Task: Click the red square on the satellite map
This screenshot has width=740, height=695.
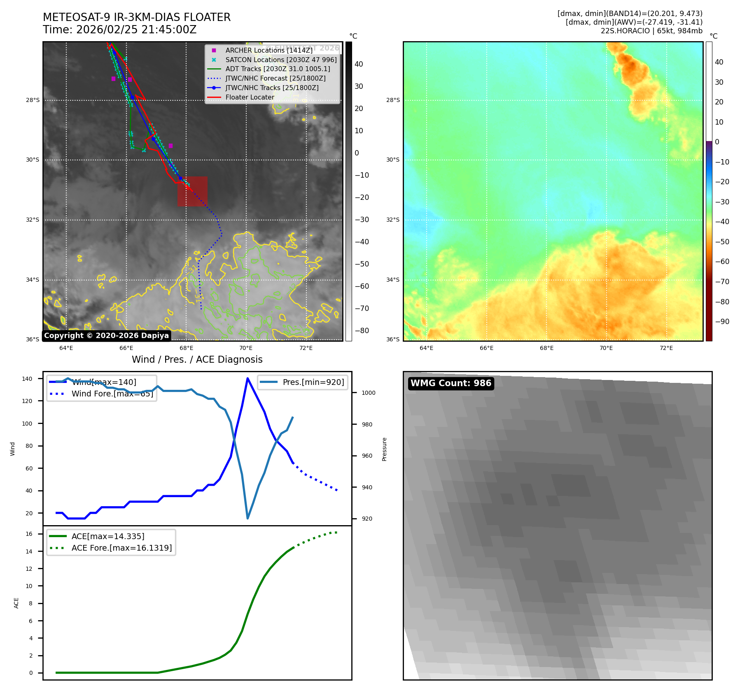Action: [192, 191]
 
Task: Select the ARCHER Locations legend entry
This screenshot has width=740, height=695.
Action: [268, 50]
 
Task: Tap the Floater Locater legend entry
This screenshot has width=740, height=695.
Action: [250, 97]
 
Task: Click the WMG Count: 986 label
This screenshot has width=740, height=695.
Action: [451, 383]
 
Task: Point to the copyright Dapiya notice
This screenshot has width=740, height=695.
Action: [106, 336]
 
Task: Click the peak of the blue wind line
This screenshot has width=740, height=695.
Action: [247, 378]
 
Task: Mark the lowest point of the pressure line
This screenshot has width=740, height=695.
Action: [247, 518]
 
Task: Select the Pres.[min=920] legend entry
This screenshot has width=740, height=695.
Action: [313, 382]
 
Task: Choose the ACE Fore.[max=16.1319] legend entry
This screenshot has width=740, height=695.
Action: [121, 548]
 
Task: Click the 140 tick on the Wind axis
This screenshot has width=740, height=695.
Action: [27, 379]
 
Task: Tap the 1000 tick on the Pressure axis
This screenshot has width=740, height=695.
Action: [368, 393]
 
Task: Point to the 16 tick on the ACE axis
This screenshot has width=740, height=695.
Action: [29, 534]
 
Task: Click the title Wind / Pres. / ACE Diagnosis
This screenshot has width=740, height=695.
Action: [197, 359]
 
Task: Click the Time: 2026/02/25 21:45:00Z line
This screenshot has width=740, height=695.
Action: [120, 30]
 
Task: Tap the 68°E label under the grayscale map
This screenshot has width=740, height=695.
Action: [186, 348]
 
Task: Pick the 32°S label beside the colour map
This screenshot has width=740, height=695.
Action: [392, 220]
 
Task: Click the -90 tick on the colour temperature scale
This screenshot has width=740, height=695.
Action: [722, 322]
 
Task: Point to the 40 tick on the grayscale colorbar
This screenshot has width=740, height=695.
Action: [359, 64]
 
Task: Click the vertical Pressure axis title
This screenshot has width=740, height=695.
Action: [384, 449]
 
